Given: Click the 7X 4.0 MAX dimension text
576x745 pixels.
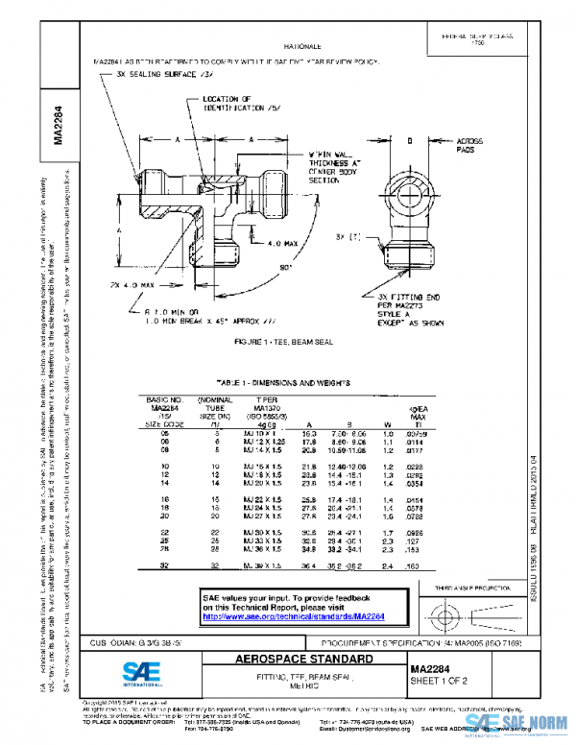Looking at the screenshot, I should tap(132, 286).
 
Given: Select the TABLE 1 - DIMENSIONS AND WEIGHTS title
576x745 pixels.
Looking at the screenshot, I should tap(283, 382).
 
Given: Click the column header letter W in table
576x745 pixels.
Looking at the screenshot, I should tap(387, 423).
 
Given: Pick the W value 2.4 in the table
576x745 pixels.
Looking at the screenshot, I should tap(387, 567).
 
